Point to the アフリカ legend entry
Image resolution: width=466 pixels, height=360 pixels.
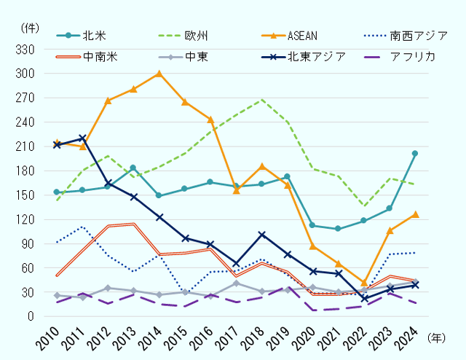(x=412, y=56)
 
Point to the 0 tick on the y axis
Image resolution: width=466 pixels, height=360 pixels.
(x=33, y=317)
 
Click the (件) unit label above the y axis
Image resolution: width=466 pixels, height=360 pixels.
(x=30, y=27)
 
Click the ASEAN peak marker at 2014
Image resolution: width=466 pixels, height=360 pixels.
(x=159, y=73)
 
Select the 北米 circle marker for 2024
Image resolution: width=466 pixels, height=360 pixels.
(x=414, y=154)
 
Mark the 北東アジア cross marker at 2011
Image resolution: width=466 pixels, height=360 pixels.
(x=82, y=138)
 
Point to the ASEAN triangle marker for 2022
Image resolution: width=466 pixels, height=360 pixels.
(x=364, y=282)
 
